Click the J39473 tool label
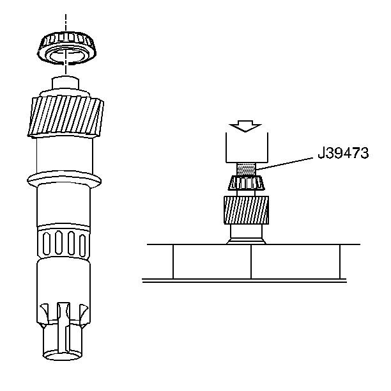click(x=343, y=153)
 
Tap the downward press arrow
click(x=245, y=126)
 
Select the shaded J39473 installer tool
click(x=246, y=170)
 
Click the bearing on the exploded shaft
click(x=67, y=48)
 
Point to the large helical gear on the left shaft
click(x=66, y=116)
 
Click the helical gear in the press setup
click(x=246, y=210)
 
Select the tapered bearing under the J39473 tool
click(x=246, y=183)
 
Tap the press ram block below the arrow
click(x=247, y=147)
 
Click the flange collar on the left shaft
click(x=64, y=179)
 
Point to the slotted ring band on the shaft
click(x=63, y=242)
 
